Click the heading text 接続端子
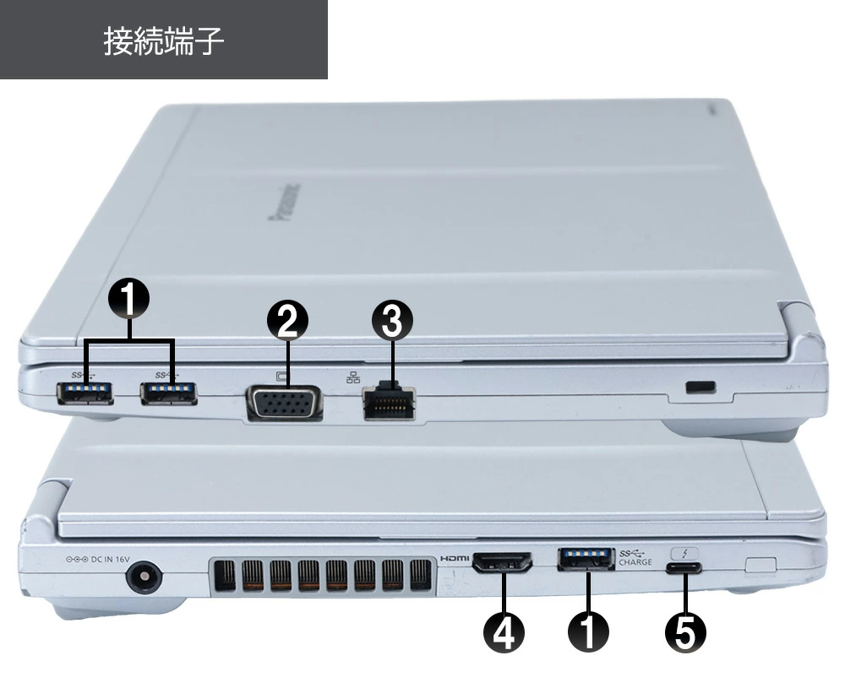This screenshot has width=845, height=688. pos(163,41)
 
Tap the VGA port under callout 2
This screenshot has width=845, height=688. pos(284,403)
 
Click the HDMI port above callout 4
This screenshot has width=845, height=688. pos(502,561)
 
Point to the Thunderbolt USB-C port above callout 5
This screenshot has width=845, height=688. pos(684,568)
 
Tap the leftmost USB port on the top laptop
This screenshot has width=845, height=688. pos(84,392)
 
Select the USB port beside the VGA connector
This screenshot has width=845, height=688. pos(169,393)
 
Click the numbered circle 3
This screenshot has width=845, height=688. pos(392,321)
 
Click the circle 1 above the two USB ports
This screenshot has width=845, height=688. pos(129,296)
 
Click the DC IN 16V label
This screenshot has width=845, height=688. pos(97,558)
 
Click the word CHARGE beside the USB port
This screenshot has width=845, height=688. pos(635,562)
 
